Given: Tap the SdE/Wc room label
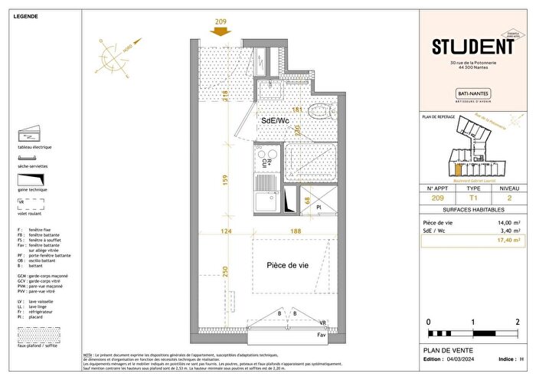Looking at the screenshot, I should click(x=274, y=121).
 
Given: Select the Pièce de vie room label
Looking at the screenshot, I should click(x=288, y=265).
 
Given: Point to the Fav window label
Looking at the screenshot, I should click(x=322, y=333).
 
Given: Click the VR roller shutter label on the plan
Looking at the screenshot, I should click(x=323, y=323).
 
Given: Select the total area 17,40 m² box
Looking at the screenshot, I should click(x=469, y=240).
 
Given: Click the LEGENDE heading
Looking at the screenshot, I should click(x=27, y=15).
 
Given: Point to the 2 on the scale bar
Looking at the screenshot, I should click(x=518, y=322).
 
